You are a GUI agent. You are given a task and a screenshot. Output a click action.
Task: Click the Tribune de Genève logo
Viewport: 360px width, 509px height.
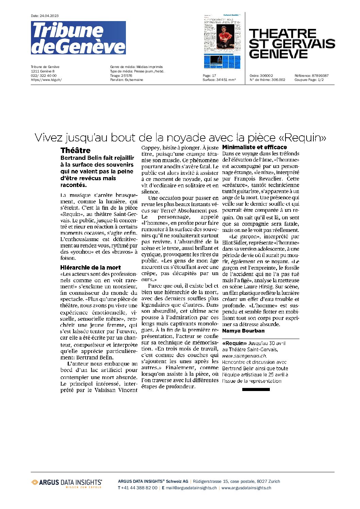pyautogui.click(x=78, y=38)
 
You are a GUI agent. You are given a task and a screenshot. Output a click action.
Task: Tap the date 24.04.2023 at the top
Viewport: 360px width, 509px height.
pyautogui.click(x=49, y=16)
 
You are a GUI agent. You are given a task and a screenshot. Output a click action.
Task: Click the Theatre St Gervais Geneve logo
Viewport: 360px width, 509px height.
pyautogui.click(x=292, y=44)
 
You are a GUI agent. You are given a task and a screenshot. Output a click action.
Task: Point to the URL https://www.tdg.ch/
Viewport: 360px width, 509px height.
pyautogui.click(x=46, y=80)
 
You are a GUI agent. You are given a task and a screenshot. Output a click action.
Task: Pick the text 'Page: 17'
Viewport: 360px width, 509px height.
pyautogui.click(x=209, y=75)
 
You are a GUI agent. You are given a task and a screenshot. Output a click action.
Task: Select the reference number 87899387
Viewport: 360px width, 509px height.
pyautogui.click(x=320, y=75)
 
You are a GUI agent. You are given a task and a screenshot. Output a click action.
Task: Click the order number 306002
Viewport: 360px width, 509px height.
pyautogui.click(x=266, y=75)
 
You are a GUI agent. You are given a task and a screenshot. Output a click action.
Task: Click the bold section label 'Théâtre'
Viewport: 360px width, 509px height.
pyautogui.click(x=76, y=150)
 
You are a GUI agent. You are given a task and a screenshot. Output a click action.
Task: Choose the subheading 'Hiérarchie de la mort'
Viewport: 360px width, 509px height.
pyautogui.click(x=91, y=268)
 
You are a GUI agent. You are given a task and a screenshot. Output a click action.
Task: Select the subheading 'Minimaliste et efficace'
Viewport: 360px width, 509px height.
pyautogui.click(x=255, y=147)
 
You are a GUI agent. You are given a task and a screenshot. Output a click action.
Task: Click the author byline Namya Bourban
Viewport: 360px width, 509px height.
pyautogui.click(x=243, y=331)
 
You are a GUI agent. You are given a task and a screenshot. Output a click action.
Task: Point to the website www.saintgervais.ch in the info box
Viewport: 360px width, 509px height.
pyautogui.click(x=244, y=356)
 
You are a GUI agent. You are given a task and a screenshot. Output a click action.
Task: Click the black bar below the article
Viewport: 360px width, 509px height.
pyautogui.click(x=256, y=389)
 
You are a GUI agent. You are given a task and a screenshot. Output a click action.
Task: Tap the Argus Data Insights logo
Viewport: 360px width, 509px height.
pyautogui.click(x=67, y=482)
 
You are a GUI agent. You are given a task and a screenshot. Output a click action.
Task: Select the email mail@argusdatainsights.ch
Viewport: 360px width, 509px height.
pyautogui.click(x=191, y=488)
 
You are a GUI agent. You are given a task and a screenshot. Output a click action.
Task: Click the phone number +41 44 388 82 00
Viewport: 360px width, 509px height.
pyautogui.click(x=139, y=488)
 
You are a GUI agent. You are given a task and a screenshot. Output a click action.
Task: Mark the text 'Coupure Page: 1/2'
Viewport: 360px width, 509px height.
pyautogui.click(x=309, y=80)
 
